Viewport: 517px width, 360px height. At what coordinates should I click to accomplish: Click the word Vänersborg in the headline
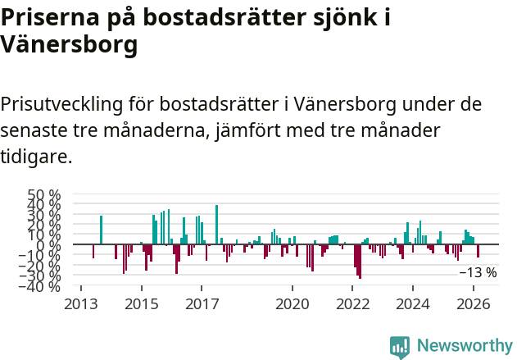point(69,46)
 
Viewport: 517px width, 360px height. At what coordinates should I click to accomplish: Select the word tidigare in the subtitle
point(37,155)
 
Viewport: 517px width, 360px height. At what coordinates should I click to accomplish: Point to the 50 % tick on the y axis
point(44,195)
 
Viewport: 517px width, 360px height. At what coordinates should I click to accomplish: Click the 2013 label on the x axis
point(80,303)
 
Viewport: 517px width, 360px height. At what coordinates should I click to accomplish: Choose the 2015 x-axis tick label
point(141,303)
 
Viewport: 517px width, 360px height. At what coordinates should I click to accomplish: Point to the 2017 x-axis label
point(202,303)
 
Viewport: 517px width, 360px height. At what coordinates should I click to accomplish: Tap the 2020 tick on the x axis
point(293,303)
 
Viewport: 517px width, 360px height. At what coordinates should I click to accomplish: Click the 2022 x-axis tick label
point(353,303)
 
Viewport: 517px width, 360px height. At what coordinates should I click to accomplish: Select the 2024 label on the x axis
point(413,303)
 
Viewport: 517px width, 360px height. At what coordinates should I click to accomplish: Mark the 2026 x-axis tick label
point(474,303)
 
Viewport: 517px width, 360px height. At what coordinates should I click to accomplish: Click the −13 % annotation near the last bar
point(478,272)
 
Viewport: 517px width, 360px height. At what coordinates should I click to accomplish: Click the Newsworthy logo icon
point(400,346)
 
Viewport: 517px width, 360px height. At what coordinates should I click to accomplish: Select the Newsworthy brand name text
point(464,346)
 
